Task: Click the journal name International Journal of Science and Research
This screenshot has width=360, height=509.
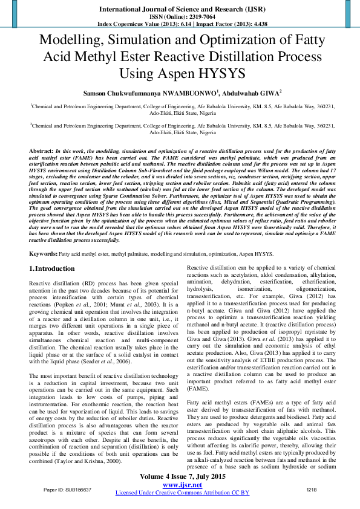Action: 180,10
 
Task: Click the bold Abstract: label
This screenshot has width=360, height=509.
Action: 41,149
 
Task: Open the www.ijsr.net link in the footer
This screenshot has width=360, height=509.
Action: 182,485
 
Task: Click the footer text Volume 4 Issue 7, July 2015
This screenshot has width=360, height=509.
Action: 182,477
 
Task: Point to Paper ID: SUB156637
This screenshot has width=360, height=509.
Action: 68,489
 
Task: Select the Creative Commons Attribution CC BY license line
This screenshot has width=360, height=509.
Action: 182,493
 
